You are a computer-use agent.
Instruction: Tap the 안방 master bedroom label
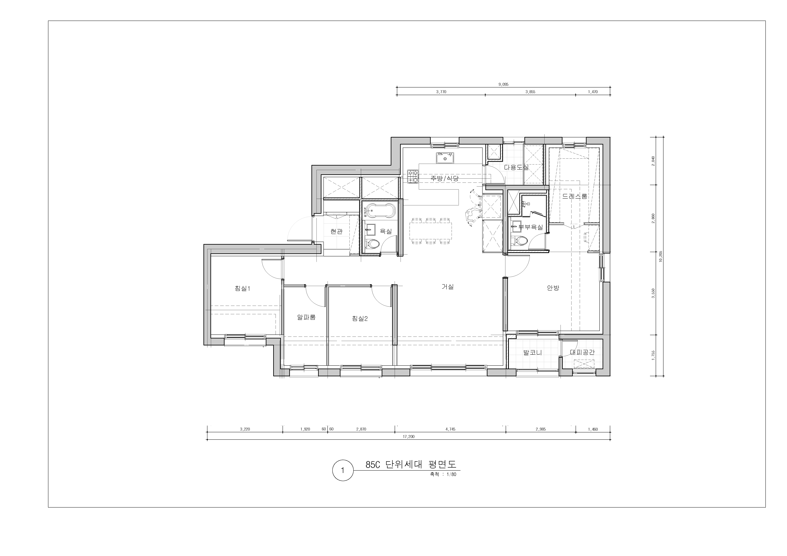553,288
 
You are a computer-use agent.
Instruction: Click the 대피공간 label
582,352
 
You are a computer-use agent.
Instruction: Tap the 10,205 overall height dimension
660,256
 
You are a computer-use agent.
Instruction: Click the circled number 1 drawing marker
342,470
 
